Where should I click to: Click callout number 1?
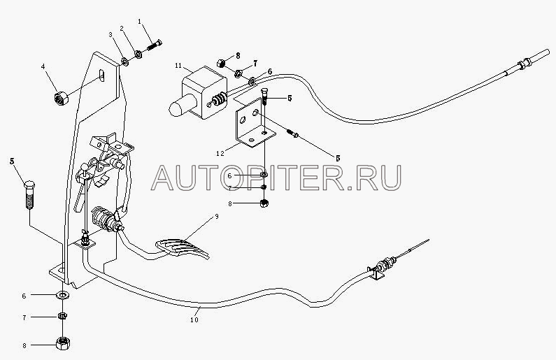pyautogui.click(x=140, y=22)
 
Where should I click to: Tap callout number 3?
pyautogui.click(x=111, y=34)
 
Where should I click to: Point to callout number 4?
pyautogui.click(x=43, y=67)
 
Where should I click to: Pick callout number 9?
pyautogui.click(x=216, y=217)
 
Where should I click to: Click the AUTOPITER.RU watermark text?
pyautogui.click(x=277, y=177)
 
